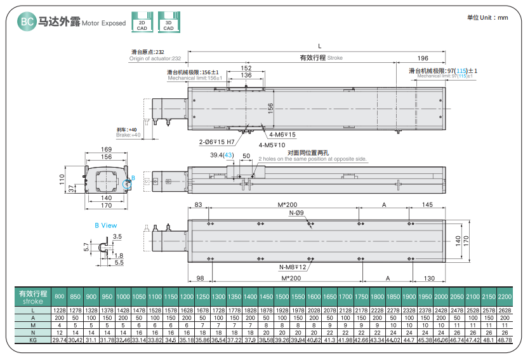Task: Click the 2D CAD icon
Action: click(142, 23)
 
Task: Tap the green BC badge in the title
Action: click(27, 22)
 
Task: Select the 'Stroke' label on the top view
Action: click(335, 58)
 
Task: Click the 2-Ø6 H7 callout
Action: click(216, 142)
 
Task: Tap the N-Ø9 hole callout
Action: click(296, 213)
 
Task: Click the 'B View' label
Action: click(106, 225)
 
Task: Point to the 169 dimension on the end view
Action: click(107, 150)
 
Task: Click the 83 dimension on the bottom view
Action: click(198, 204)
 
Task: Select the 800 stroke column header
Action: click(60, 297)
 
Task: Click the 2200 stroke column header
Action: click(505, 297)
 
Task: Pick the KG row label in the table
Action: click(33, 340)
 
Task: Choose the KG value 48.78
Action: click(505, 340)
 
